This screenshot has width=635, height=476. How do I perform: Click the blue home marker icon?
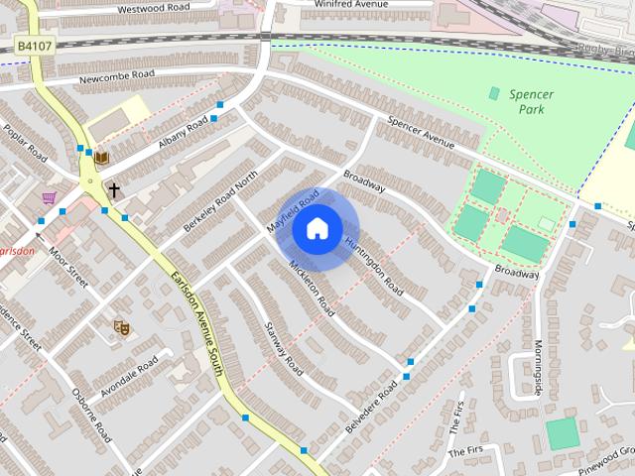(x=317, y=229)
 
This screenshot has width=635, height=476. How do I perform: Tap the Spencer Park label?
(x=531, y=101)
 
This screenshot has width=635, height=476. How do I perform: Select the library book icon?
(x=101, y=157)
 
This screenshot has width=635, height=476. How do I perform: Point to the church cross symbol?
(x=114, y=188)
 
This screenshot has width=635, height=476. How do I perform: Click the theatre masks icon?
(x=122, y=325)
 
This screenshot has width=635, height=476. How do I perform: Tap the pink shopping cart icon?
(x=48, y=198)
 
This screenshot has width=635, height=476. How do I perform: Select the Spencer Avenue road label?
(x=421, y=136)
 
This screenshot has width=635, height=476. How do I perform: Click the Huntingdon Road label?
(x=373, y=266)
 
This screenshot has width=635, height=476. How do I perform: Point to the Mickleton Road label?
(x=312, y=289)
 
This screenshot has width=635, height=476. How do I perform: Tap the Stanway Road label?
(x=282, y=346)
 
